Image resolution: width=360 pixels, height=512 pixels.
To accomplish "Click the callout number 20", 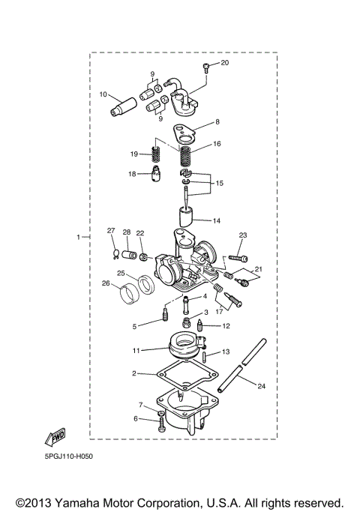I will (224, 63).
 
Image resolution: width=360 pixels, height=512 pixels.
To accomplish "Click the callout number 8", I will (217, 121).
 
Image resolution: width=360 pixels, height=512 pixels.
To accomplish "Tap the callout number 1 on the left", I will (77, 237).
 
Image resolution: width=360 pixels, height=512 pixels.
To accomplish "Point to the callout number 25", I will (120, 273).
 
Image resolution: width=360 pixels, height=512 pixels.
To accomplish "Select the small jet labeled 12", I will (202, 326).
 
